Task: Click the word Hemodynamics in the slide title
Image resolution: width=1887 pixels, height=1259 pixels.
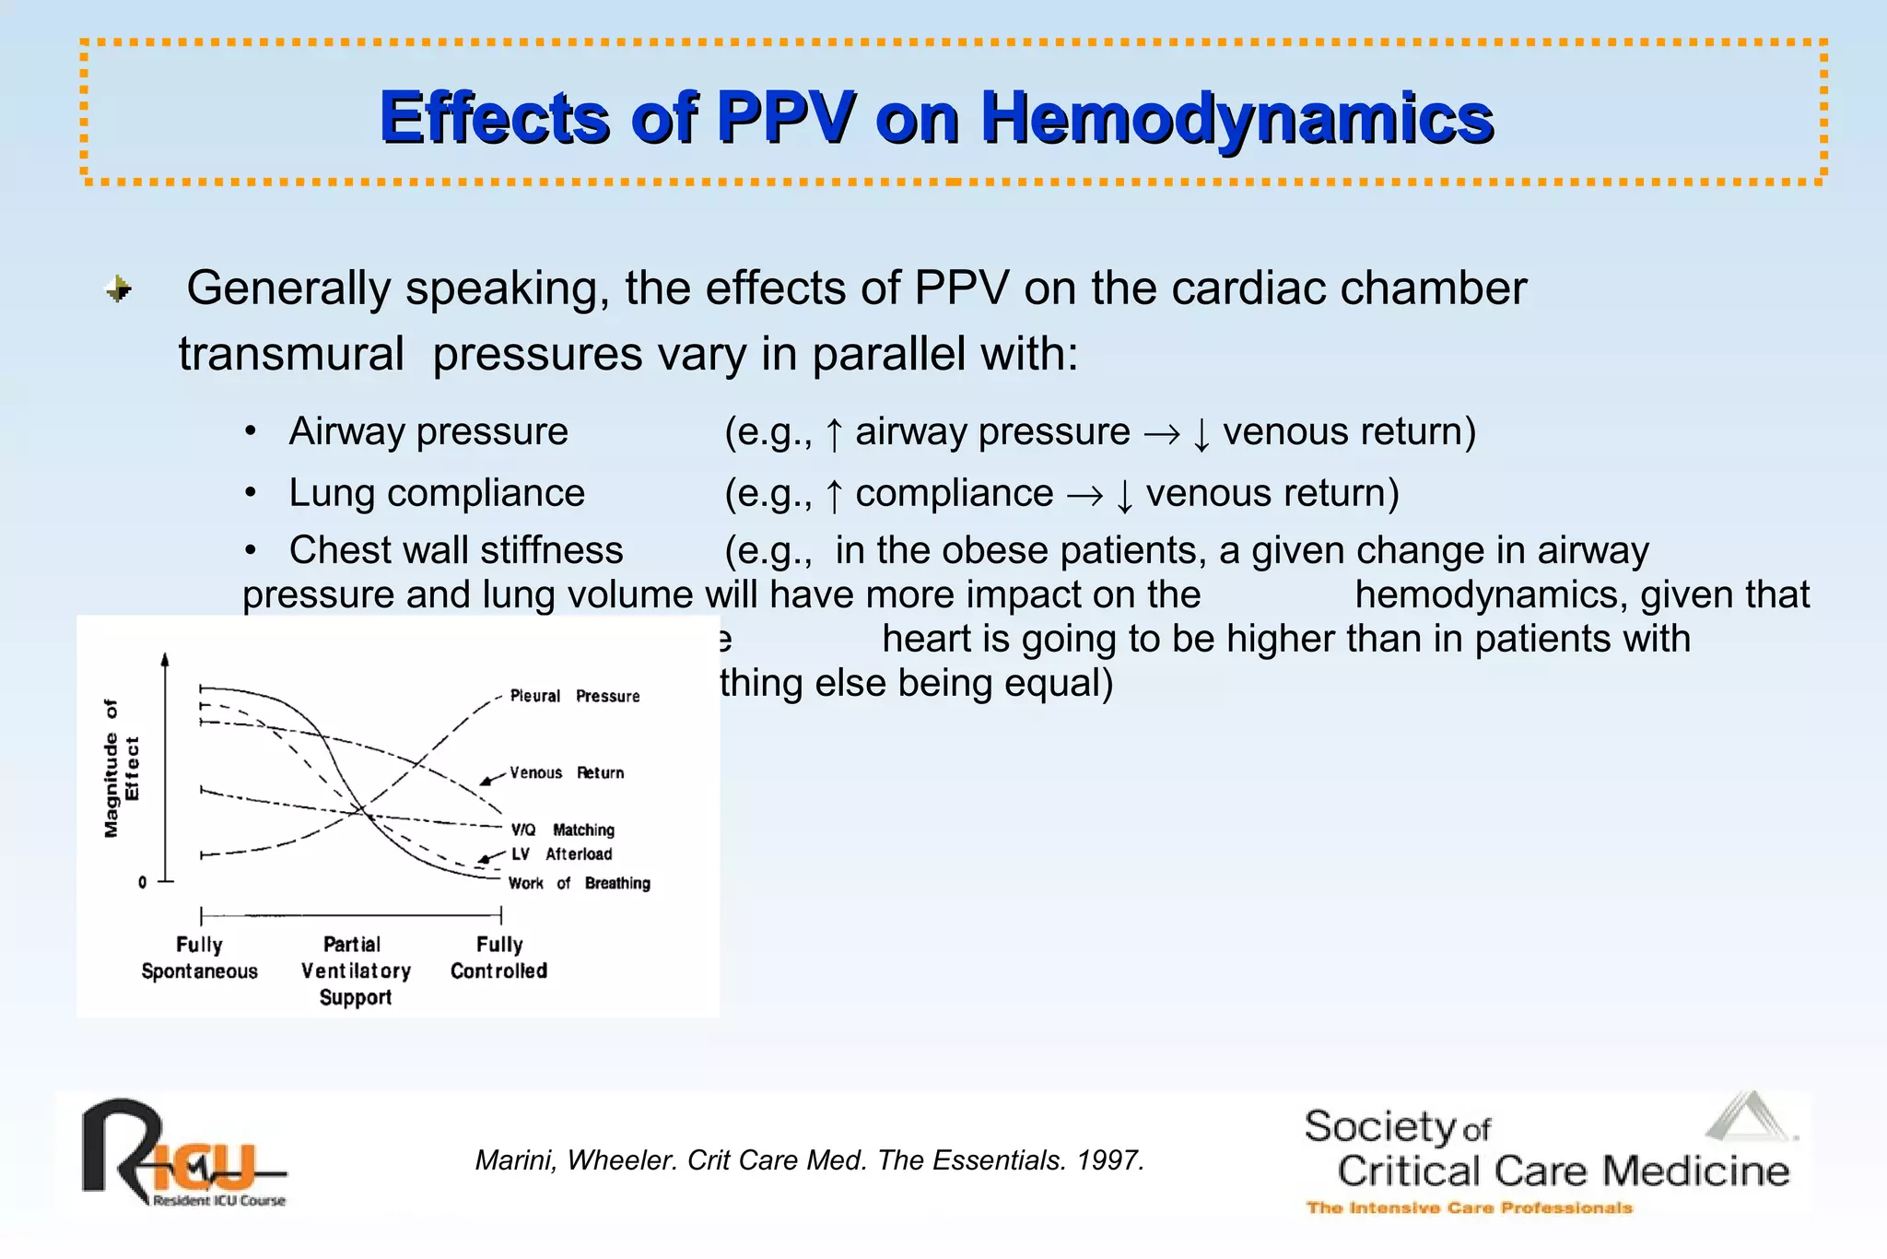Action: click(x=1237, y=118)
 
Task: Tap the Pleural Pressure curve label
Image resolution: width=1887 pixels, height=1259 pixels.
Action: click(x=575, y=696)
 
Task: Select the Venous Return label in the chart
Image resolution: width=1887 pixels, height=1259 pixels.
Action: click(x=567, y=772)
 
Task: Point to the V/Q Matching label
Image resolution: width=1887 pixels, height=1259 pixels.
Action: click(x=562, y=830)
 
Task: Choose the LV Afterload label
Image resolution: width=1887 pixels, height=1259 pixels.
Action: click(x=561, y=854)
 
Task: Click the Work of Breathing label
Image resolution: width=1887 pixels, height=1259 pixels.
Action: click(x=579, y=883)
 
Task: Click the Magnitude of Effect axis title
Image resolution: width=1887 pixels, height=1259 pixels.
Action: click(x=121, y=768)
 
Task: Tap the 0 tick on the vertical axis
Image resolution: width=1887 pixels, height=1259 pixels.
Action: click(x=142, y=882)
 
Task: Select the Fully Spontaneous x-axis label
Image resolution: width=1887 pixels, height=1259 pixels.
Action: click(x=199, y=958)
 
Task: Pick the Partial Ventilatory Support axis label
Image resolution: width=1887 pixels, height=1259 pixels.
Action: click(x=356, y=971)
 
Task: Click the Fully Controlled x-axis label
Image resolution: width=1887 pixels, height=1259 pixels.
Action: click(x=498, y=958)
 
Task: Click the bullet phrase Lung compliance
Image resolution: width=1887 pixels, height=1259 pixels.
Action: click(x=437, y=493)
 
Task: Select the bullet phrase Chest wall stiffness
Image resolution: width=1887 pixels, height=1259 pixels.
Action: click(x=456, y=550)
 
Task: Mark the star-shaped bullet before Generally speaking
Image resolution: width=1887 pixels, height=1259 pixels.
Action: click(x=119, y=289)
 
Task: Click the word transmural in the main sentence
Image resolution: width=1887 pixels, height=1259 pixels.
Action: click(x=291, y=354)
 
